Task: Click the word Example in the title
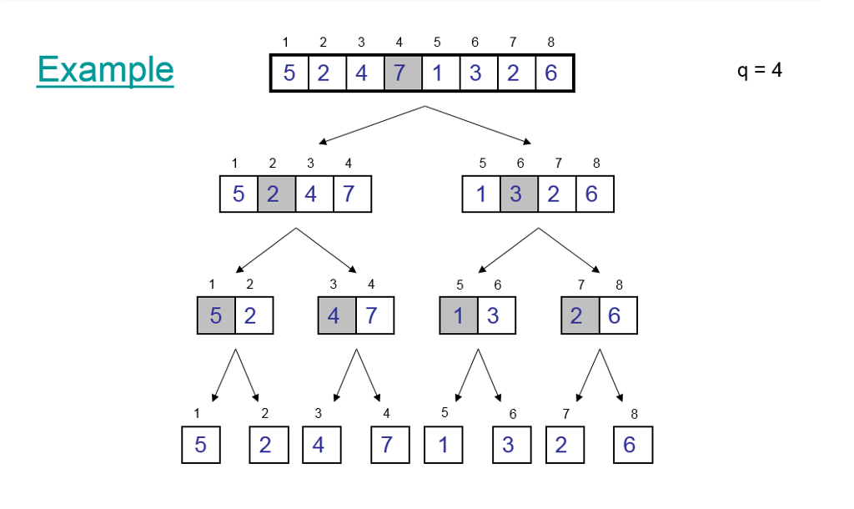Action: (105, 69)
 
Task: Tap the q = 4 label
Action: (759, 70)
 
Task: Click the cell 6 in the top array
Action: (551, 73)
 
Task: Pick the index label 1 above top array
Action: (285, 43)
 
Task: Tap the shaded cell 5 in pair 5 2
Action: (216, 316)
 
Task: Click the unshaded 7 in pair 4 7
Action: (374, 316)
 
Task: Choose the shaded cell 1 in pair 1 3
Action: (459, 316)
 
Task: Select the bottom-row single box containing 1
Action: (443, 445)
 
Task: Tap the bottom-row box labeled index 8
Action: (632, 445)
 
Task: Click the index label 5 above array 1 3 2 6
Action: (482, 164)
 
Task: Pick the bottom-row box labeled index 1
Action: (200, 445)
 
